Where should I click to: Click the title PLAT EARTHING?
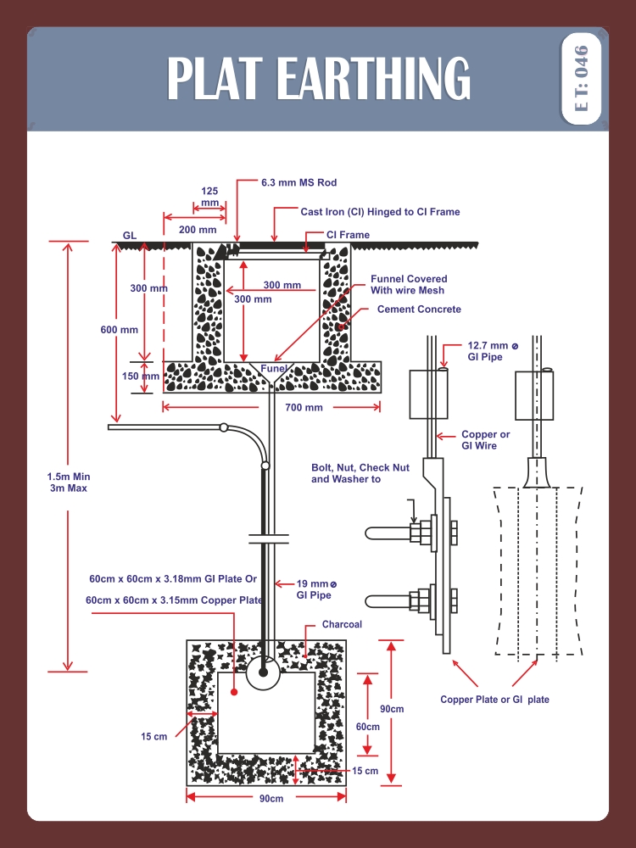coord(318,79)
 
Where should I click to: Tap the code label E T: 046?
coord(581,79)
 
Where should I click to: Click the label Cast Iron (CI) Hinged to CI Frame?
coord(380,212)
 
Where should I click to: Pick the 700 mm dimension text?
coord(305,408)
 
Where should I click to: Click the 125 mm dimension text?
coord(209,197)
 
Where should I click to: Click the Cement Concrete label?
coord(419,310)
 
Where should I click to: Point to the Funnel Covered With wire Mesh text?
coord(409,285)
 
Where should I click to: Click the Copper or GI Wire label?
coord(485,439)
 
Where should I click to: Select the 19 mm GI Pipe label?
coord(315,589)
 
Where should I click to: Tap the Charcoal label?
coord(342,625)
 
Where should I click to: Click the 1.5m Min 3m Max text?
coord(69,482)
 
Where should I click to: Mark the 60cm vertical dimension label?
coord(367,727)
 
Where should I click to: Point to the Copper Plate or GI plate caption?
coord(494,700)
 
